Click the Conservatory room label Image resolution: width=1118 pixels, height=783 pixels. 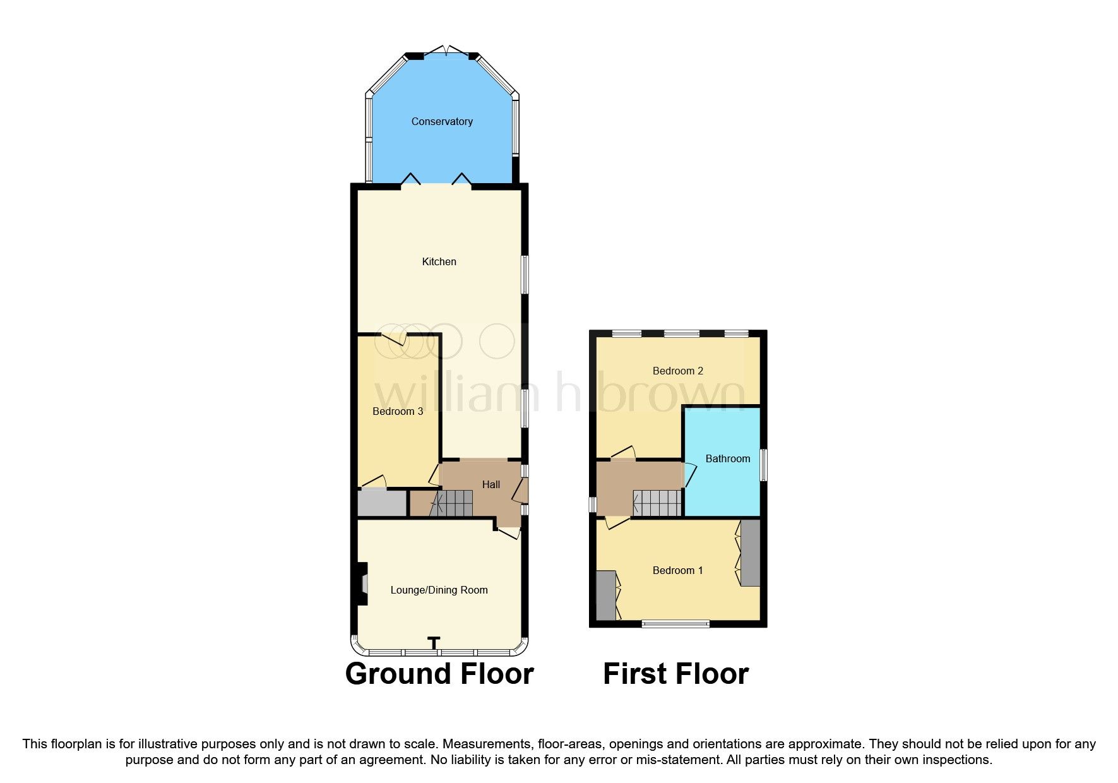442,121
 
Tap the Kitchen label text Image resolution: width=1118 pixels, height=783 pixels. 439,261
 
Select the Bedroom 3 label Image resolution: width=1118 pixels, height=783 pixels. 398,411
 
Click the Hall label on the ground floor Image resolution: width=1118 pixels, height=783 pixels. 491,484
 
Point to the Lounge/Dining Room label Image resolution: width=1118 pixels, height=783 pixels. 439,590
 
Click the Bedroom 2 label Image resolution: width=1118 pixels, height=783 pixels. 677,371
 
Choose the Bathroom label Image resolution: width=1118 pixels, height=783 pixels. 727,458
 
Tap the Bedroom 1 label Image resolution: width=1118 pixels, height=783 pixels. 677,570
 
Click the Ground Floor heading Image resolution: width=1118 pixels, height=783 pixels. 439,673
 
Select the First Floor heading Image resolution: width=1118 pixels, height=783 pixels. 675,673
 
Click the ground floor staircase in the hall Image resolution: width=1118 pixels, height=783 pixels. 452,504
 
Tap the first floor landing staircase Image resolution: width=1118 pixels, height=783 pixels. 657,503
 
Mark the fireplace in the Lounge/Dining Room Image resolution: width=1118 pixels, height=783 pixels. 362,584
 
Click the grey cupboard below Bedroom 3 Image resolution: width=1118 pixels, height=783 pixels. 382,503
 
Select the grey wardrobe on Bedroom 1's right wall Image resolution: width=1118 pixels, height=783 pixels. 750,553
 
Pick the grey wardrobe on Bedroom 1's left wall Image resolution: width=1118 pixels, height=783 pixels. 605,595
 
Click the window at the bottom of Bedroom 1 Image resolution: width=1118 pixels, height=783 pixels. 675,624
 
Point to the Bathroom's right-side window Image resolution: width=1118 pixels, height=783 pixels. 763,465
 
